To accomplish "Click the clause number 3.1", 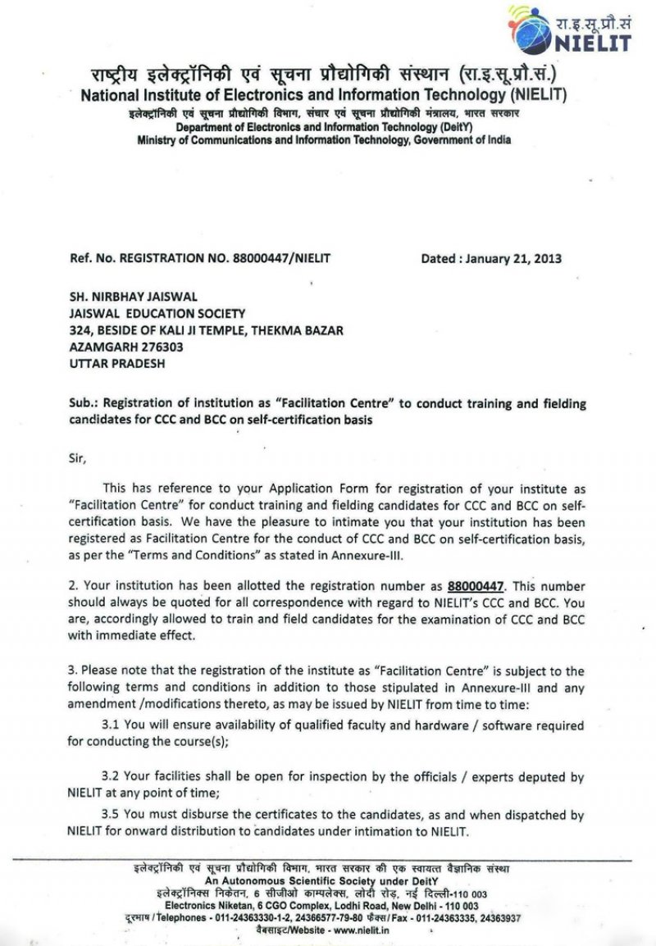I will (x=111, y=725).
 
